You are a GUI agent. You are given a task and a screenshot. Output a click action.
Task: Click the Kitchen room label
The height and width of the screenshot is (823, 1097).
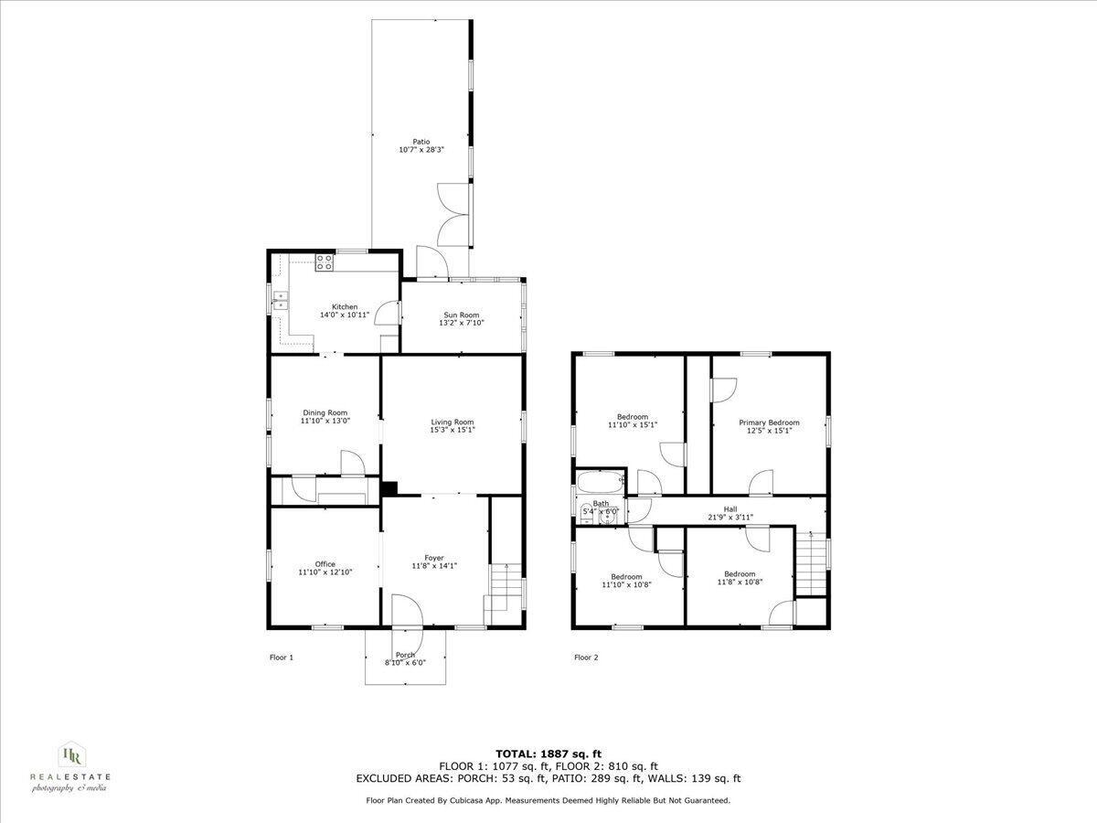[x=345, y=306]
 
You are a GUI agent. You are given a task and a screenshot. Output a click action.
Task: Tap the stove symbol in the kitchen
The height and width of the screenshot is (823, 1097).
[x=324, y=262]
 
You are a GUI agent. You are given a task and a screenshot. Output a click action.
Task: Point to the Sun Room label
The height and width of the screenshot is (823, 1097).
[x=461, y=315]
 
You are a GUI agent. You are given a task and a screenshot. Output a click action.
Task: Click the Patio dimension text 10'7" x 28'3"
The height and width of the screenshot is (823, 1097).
[x=421, y=150]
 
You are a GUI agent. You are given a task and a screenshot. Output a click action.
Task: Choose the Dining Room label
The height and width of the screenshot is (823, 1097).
[x=325, y=412]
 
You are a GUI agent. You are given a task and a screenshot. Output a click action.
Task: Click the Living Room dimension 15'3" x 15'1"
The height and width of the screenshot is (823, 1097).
[x=453, y=430]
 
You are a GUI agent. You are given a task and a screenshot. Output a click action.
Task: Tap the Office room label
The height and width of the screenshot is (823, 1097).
[x=325, y=564]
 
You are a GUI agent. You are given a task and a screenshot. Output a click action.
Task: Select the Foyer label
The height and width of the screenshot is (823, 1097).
[x=433, y=558]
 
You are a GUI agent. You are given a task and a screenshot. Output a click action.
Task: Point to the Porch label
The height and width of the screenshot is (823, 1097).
[x=406, y=655]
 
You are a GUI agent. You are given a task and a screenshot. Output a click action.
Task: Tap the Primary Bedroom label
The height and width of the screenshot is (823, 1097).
[x=769, y=422]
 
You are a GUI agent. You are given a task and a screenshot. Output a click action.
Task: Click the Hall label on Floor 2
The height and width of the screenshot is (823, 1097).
[x=730, y=509]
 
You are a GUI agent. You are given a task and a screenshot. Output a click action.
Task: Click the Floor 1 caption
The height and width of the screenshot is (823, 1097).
[x=282, y=657]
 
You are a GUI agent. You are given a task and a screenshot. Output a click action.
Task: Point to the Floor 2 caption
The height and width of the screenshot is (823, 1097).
[x=586, y=657]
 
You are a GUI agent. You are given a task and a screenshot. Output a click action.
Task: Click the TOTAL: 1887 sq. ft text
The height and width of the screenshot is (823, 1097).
[x=548, y=754]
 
